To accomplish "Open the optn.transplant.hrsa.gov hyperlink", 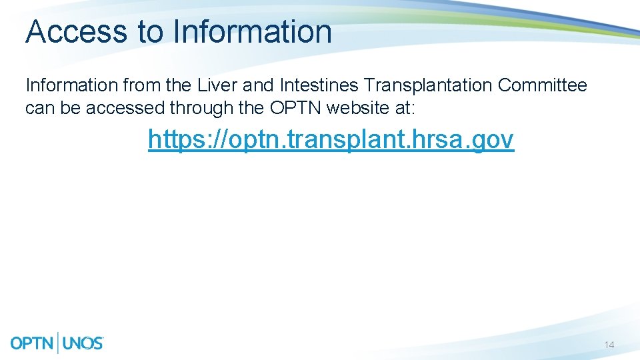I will click(331, 139).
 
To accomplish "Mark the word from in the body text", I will click(139, 85).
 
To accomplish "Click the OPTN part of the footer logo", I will click(33, 343).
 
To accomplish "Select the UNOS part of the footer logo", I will click(83, 343).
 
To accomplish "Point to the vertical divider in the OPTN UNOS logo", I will click(59, 343).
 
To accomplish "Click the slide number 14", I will click(609, 345).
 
